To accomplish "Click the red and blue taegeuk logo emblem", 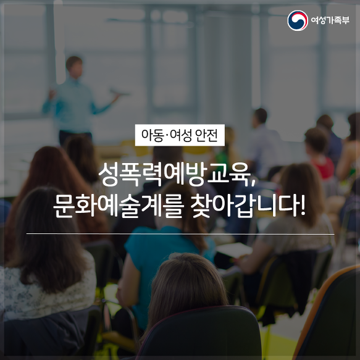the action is click(x=298, y=20).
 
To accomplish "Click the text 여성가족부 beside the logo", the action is click(x=330, y=20).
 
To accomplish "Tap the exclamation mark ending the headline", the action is click(x=303, y=205).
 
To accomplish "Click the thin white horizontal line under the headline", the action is click(x=180, y=234).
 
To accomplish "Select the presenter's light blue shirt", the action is click(x=73, y=106).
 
